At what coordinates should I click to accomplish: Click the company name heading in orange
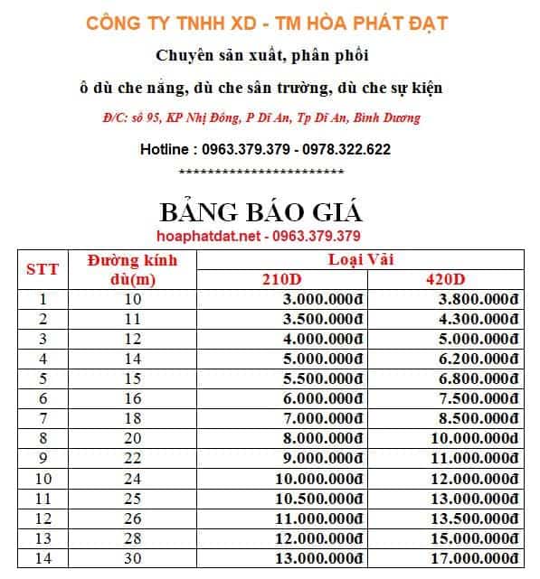click(x=266, y=23)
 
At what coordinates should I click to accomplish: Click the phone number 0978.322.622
click(x=346, y=149)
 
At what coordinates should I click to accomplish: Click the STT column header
click(x=42, y=269)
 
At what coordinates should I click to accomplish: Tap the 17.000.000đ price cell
click(x=473, y=558)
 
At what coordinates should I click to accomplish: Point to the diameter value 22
click(x=132, y=459)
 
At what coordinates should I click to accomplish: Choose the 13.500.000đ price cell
click(x=473, y=518)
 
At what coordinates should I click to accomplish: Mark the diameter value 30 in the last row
click(x=132, y=558)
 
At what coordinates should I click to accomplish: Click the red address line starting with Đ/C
click(x=261, y=118)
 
